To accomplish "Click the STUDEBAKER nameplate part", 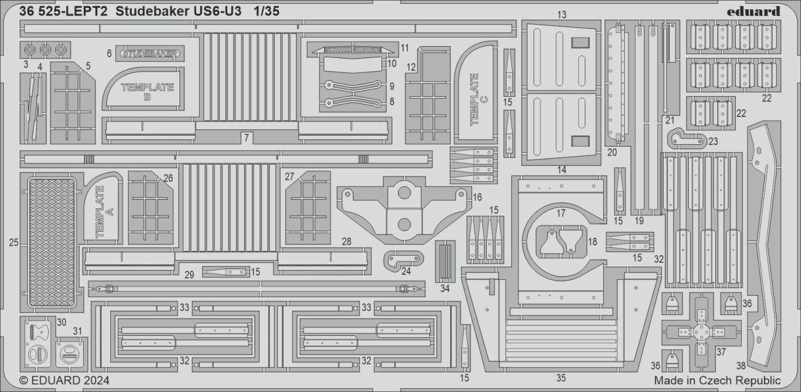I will pyautogui.click(x=151, y=54).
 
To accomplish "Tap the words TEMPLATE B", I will pyautogui.click(x=147, y=92).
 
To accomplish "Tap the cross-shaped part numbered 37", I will pyautogui.click(x=701, y=332).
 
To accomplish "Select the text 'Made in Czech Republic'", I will pyautogui.click(x=717, y=380).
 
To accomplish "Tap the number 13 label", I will pyautogui.click(x=561, y=14).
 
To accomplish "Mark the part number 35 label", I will pyautogui.click(x=560, y=378).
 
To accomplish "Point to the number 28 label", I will pyautogui.click(x=346, y=242).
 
